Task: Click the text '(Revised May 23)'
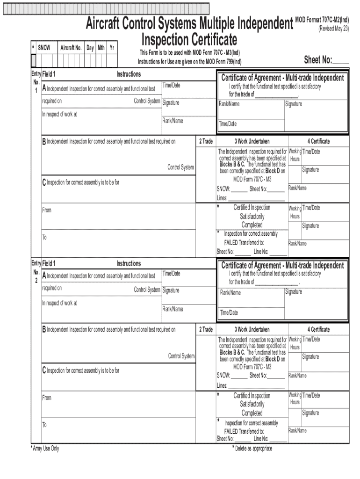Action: (334, 29)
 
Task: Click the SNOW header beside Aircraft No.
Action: (44, 48)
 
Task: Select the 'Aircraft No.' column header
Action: (71, 48)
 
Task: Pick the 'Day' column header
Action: (90, 48)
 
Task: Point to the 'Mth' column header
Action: (101, 48)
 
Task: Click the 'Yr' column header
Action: (112, 48)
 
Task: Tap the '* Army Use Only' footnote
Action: (45, 449)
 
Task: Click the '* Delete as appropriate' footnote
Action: (252, 449)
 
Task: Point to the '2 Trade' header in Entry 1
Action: (206, 141)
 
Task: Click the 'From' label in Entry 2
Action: (47, 398)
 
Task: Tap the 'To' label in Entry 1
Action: (44, 238)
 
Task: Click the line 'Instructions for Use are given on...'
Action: (189, 62)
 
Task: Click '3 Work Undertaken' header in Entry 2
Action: (252, 330)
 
